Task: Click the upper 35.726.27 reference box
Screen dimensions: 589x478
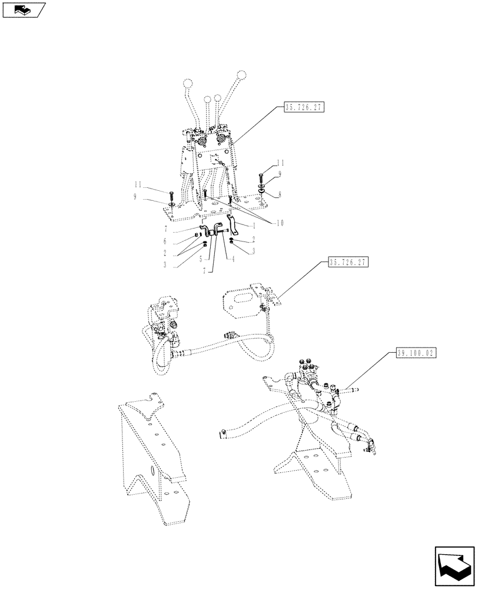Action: [304, 107]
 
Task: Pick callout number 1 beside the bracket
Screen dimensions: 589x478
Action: [254, 226]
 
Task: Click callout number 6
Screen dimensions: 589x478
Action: [166, 241]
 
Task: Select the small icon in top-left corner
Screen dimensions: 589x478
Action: [23, 9]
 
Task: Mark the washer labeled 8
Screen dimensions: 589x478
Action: [260, 193]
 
